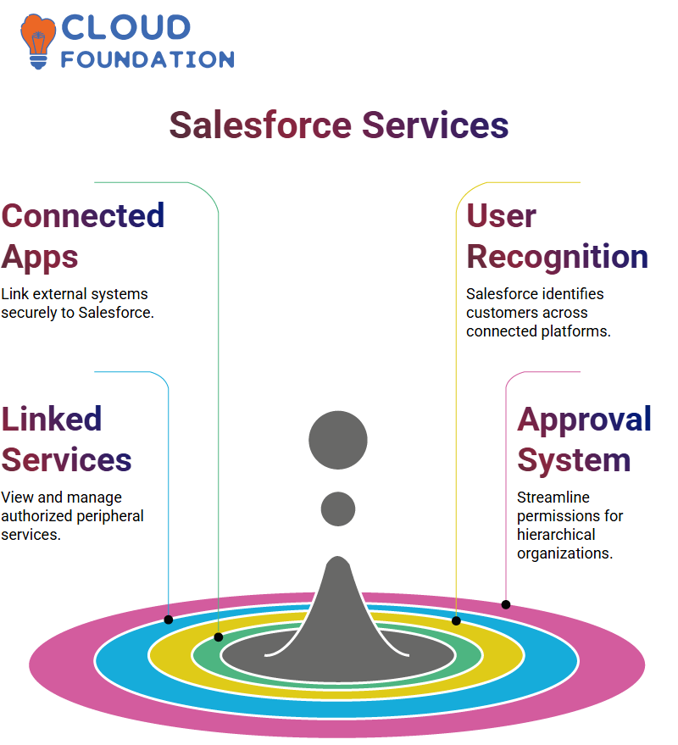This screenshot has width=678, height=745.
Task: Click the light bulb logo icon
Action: [x=38, y=42]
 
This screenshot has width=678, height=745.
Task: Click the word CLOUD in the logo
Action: [x=126, y=27]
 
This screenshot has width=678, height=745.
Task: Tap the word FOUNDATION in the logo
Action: [x=147, y=59]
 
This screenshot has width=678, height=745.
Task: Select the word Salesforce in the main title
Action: [x=260, y=125]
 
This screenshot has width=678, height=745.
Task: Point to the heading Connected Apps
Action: [x=83, y=236]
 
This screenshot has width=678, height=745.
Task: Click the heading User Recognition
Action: [x=557, y=236]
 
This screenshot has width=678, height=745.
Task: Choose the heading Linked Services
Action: [x=66, y=440]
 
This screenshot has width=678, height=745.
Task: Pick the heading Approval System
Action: [x=584, y=440]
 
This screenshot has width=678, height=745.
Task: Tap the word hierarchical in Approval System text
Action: [x=556, y=535]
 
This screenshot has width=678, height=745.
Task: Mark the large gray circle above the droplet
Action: [x=338, y=440]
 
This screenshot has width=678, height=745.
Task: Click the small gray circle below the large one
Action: [x=338, y=509]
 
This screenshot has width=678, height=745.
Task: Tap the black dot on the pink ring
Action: [x=506, y=605]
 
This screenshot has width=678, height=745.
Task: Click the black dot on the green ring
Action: [x=219, y=637]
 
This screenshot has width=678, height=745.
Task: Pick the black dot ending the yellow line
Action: [x=456, y=621]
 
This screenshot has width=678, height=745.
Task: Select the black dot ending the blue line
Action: [x=169, y=620]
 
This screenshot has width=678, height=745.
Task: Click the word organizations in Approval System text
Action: [x=565, y=553]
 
